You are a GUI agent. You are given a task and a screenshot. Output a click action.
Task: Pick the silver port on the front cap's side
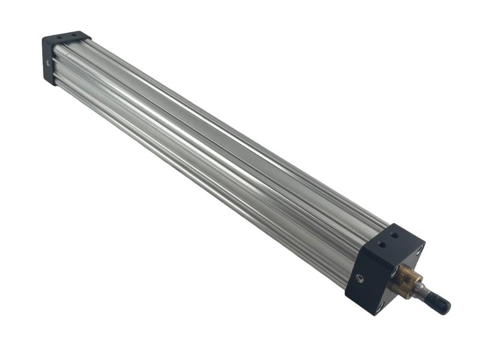pyautogui.click(x=359, y=278)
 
